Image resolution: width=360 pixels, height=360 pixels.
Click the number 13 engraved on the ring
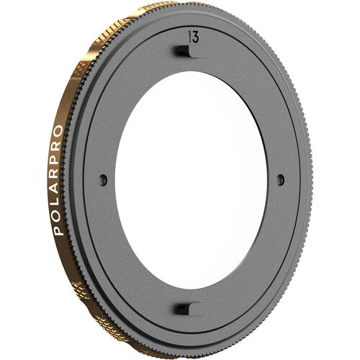(192, 35)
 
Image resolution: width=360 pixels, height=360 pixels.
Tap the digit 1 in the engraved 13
(188, 35)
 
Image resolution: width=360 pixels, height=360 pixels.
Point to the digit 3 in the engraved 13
(194, 35)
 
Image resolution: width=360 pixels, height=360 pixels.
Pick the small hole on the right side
(281, 179)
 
